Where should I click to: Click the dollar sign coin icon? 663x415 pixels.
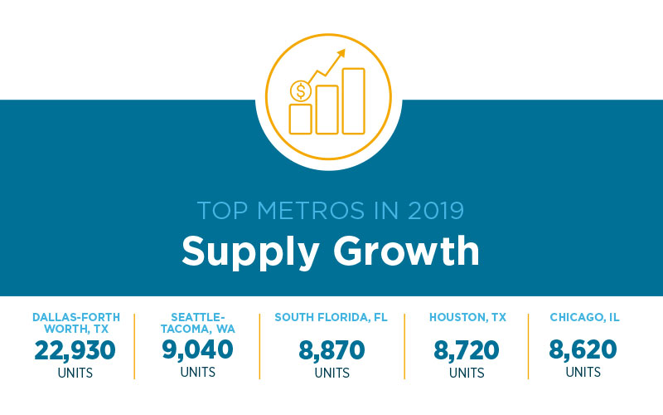click(x=299, y=90)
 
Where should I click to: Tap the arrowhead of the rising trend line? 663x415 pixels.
click(x=340, y=54)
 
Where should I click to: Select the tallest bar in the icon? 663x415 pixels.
click(x=353, y=101)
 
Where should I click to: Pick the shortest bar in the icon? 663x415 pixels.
click(x=300, y=119)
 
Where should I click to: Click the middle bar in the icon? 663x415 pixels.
click(x=327, y=110)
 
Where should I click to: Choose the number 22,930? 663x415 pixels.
click(x=75, y=350)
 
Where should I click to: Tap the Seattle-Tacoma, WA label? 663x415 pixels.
click(x=197, y=323)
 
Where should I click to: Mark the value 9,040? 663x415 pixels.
click(x=197, y=350)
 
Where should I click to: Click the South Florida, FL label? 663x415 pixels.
click(x=331, y=317)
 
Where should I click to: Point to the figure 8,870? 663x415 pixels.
click(x=331, y=350)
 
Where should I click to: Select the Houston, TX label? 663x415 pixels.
click(x=467, y=317)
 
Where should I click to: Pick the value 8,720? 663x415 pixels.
click(x=467, y=350)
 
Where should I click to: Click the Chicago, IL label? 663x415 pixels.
click(x=584, y=317)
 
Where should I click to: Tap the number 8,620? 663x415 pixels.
click(x=583, y=350)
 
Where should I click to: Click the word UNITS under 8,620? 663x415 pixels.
click(x=583, y=373)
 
